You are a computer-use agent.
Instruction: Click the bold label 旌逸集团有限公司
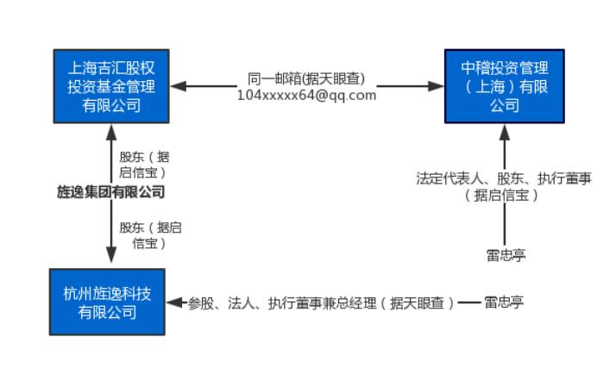(x=110, y=192)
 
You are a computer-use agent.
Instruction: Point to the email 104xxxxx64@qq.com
(x=307, y=95)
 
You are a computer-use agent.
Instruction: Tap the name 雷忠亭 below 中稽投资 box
(x=505, y=254)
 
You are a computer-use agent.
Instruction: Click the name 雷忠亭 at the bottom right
(x=504, y=303)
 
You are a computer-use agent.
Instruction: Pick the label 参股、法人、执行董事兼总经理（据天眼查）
(x=322, y=303)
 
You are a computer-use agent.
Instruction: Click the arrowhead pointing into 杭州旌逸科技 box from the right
(x=173, y=303)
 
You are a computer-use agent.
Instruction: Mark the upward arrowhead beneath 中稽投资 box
(x=505, y=131)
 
